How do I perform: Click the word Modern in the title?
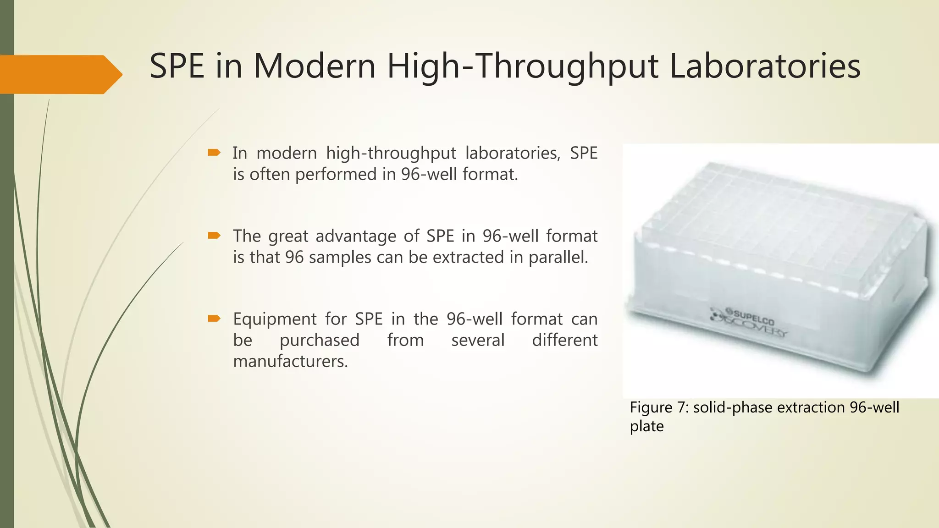(x=315, y=66)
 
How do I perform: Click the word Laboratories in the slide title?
(x=765, y=66)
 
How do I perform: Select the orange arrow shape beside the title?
(x=60, y=74)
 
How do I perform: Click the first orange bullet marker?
(x=214, y=153)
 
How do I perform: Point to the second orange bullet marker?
(x=214, y=236)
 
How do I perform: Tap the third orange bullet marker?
(x=214, y=319)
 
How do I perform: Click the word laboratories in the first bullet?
(x=513, y=153)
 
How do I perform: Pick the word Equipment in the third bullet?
(x=275, y=319)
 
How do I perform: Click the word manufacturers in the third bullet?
(x=290, y=361)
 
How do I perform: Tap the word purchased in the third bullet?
(x=320, y=340)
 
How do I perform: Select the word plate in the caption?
(x=646, y=427)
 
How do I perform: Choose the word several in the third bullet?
(x=478, y=340)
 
